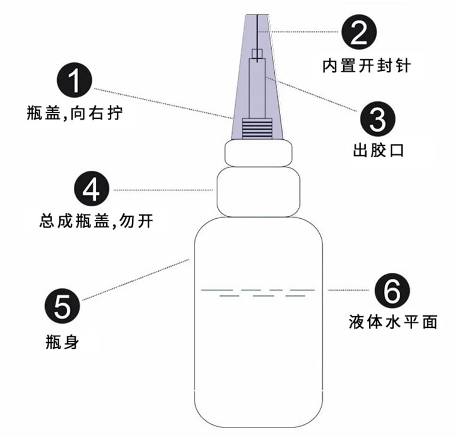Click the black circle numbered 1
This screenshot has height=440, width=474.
pos(74,80)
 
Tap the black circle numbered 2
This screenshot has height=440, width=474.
pos(359,32)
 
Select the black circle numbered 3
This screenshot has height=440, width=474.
pos(378,119)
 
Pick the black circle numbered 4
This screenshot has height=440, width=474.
pos(92,189)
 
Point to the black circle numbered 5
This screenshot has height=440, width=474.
pos(62,306)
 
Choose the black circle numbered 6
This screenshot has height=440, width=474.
pos(392,290)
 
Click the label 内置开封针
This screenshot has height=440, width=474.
pos(367,66)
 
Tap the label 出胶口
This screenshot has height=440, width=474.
pos(378,150)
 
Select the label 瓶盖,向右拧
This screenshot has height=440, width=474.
pos(74,113)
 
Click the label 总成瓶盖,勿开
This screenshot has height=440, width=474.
pos(97,221)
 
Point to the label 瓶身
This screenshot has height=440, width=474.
pos(62,342)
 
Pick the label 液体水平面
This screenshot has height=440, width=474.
pos(393,322)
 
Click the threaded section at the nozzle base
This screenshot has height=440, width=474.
pos(257,129)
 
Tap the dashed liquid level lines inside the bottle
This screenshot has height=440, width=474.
pos(258,293)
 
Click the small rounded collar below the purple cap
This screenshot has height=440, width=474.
pos(259,154)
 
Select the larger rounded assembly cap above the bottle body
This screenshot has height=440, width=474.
pos(259,192)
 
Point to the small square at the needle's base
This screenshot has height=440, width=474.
pos(257,53)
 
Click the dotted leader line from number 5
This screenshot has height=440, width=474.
pos(136,279)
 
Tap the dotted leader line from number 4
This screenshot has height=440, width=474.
pos(163,190)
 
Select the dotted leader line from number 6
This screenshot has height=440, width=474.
pos(349,290)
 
